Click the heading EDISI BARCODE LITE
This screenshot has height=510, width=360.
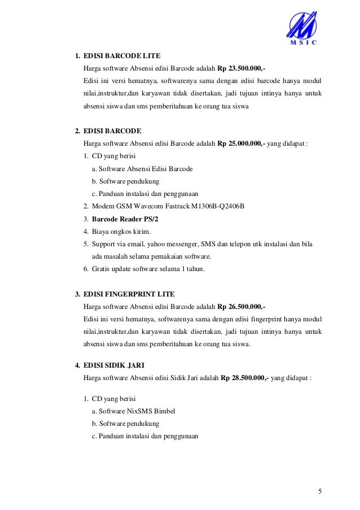(121, 56)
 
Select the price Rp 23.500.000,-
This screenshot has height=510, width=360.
(241, 68)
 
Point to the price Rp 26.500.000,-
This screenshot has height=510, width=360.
(241, 307)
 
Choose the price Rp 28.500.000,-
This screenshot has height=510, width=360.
(245, 378)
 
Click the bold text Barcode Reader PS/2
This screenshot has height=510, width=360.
(125, 219)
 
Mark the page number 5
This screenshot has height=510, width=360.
(320, 490)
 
